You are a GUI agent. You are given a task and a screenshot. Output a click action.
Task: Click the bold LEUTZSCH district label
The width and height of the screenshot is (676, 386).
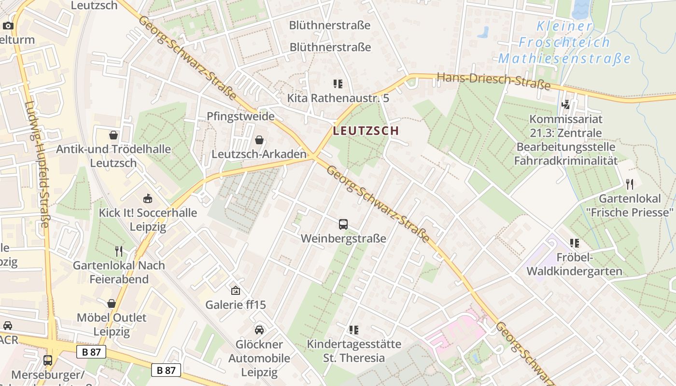click(366, 131)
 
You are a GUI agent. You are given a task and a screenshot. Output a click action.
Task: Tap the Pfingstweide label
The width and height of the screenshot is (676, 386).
click(240, 116)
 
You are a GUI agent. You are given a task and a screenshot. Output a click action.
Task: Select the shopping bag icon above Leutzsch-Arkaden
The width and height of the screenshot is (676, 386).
click(259, 140)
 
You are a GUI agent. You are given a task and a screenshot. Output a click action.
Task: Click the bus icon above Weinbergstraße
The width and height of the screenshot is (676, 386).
click(343, 224)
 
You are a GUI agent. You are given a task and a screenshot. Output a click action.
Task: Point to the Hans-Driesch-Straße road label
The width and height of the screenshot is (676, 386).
click(493, 81)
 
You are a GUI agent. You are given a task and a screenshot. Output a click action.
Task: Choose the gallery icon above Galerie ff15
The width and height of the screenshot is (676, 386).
click(236, 290)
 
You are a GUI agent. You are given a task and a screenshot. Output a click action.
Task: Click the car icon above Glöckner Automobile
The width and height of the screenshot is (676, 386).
click(259, 330)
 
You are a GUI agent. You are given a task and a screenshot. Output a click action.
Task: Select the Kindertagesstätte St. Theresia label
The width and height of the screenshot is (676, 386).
click(354, 351)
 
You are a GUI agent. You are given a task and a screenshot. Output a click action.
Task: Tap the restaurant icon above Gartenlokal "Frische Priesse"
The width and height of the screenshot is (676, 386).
click(630, 184)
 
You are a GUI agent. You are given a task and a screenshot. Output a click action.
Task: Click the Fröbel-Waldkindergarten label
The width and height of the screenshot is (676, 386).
click(574, 264)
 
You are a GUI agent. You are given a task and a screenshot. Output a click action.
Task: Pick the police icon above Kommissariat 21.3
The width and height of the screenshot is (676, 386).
click(566, 104)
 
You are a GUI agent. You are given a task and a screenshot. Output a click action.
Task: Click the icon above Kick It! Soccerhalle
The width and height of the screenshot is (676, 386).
click(148, 198)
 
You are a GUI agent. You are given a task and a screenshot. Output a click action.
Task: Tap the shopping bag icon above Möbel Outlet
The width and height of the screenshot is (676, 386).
click(112, 303)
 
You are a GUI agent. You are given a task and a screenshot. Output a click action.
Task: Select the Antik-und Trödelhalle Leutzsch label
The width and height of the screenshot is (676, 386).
click(113, 156)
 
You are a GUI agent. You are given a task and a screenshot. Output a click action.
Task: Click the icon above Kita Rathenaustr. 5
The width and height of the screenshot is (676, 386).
click(338, 84)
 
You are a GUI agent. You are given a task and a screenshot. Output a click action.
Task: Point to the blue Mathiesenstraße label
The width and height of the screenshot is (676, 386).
click(564, 59)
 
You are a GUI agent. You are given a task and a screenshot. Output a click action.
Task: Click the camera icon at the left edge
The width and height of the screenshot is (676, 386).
click(8, 26)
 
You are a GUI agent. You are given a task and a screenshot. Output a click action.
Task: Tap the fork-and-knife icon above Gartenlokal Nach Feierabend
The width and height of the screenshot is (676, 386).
click(119, 251)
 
